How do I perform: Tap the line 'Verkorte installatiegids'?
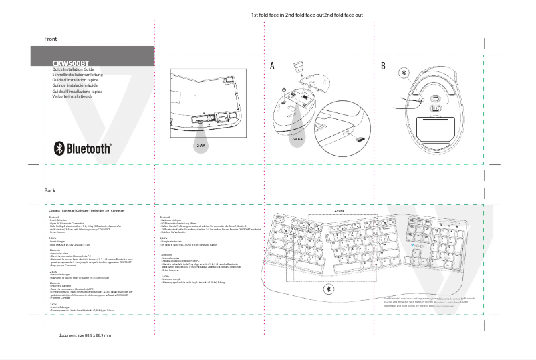pos(76,96)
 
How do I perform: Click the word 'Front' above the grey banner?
pos(51,39)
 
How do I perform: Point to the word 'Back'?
pos(50,190)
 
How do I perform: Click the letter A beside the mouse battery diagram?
pos(272,66)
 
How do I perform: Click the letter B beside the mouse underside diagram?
pos(383,66)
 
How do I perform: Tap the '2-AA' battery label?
pos(200,145)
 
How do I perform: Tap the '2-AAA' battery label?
pos(297,139)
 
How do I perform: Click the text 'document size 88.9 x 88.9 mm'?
pos(85,335)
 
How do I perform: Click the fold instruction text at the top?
pos(307,14)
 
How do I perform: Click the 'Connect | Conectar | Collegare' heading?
pos(83,210)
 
